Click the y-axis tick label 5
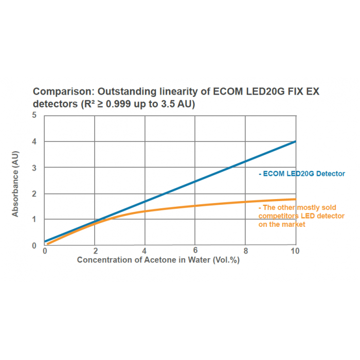point(34,115)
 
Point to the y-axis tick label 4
point(34,141)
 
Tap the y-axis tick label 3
point(34,168)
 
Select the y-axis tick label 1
point(34,220)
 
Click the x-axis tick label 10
point(295,251)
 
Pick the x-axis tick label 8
point(245,251)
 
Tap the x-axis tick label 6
point(195,251)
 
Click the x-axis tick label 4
point(145,251)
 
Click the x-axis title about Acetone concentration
point(158,260)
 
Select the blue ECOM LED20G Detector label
point(302,174)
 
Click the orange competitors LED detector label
point(301,216)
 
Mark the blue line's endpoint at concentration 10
point(295,141)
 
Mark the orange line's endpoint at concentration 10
point(295,199)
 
